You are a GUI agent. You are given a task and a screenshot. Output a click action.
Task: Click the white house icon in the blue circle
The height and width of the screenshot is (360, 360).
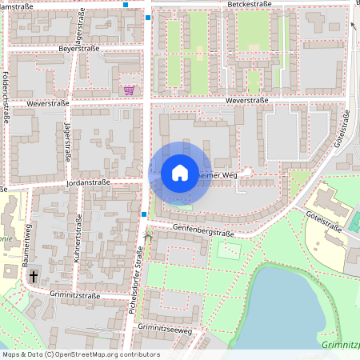tap(179, 173)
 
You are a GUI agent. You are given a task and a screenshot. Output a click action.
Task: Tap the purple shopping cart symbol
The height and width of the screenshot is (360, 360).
tap(129, 90)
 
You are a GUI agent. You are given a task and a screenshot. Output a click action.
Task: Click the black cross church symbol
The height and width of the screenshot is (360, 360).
tap(34, 276)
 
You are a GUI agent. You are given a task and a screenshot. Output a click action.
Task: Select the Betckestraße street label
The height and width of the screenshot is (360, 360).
tap(250, 4)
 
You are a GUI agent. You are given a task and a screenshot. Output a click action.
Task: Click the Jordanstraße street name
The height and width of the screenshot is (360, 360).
tap(89, 182)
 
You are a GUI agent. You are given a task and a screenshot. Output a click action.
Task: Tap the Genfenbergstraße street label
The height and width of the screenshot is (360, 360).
tap(202, 232)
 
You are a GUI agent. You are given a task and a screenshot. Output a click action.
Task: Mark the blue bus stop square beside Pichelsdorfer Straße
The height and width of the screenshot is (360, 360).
tap(143, 214)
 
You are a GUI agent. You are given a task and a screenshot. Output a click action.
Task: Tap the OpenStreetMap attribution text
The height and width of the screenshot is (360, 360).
tap(80, 354)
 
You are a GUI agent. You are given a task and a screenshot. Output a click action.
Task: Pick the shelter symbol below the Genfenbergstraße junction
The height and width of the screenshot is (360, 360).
tap(146, 236)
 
